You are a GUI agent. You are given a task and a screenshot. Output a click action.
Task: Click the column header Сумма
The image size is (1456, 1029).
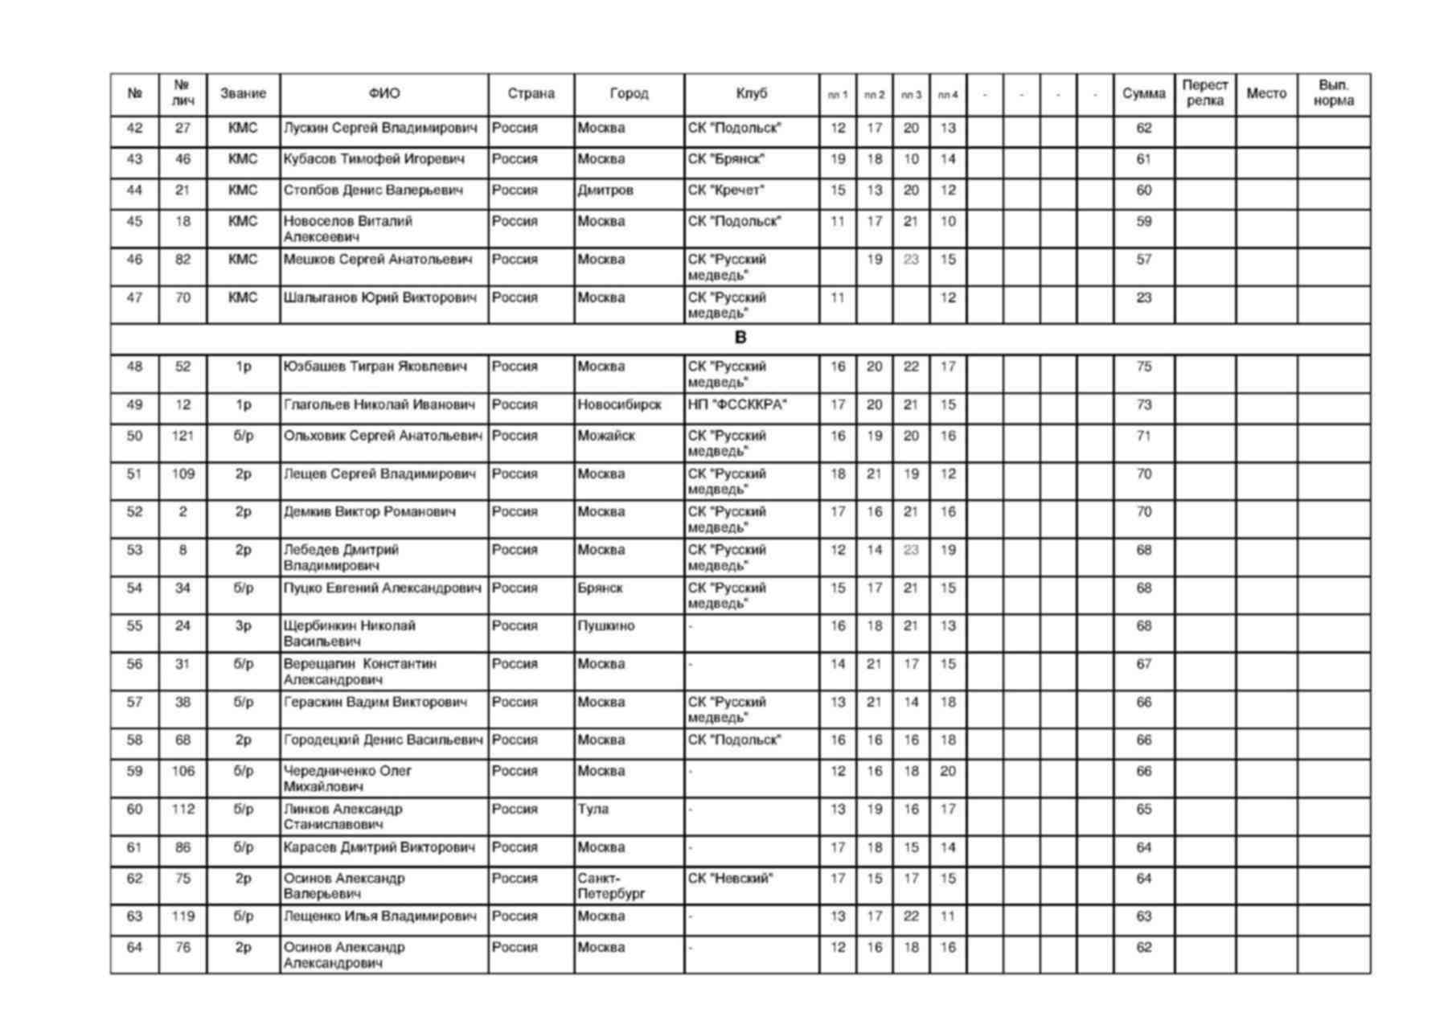click(1143, 94)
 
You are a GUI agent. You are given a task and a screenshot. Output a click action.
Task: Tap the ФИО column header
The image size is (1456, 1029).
click(383, 94)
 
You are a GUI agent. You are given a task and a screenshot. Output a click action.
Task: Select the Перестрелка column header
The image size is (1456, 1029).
click(1204, 93)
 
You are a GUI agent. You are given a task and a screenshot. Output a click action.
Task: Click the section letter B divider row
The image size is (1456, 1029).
click(740, 338)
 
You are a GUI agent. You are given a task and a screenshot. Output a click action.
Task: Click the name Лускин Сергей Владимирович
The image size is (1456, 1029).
click(379, 129)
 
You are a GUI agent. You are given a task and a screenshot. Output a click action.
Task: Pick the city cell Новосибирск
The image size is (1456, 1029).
click(619, 405)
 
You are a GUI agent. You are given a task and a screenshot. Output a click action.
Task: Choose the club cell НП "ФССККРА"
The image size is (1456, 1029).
click(736, 405)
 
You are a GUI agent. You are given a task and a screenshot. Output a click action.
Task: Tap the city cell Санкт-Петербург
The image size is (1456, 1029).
click(611, 886)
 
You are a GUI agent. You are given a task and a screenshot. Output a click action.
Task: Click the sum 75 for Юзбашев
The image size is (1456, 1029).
click(1143, 367)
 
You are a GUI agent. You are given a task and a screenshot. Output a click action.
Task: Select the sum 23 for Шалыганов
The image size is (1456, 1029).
click(1143, 298)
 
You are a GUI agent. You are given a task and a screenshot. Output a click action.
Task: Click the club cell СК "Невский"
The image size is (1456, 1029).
click(730, 879)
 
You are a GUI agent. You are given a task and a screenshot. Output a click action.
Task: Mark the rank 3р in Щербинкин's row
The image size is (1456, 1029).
click(243, 626)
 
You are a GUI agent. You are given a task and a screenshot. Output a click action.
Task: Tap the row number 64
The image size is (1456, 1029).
click(134, 948)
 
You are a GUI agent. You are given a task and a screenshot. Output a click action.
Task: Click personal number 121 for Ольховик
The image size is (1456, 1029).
click(183, 437)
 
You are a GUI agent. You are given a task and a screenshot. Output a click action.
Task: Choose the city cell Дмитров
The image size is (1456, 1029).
click(605, 191)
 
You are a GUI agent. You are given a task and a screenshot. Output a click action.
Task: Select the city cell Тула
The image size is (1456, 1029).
click(593, 810)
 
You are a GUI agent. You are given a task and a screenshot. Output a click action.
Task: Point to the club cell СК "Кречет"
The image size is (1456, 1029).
click(725, 191)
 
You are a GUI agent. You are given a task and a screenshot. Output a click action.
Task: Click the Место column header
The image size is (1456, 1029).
click(1265, 94)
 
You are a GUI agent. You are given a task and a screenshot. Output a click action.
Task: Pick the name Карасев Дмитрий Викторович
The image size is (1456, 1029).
click(380, 848)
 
